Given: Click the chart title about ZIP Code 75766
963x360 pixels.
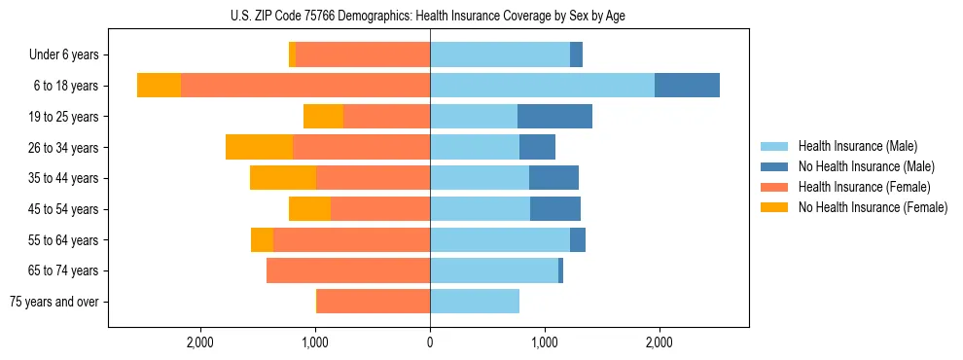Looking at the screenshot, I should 429,16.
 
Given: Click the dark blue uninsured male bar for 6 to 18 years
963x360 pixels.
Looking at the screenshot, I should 687,86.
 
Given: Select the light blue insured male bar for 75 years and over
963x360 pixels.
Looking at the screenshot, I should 475,302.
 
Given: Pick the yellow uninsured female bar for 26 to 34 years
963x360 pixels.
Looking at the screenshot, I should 259,147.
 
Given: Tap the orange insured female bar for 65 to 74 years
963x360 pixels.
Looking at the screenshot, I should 348,270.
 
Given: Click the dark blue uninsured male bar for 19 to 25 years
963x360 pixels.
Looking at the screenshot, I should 554,117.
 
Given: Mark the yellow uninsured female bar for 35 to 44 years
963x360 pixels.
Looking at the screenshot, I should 283,178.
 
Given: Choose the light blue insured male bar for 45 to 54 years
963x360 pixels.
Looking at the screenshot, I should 480,209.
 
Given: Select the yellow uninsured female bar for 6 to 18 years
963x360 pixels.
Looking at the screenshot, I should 159,86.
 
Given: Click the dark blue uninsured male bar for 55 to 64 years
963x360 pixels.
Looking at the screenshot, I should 578,239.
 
